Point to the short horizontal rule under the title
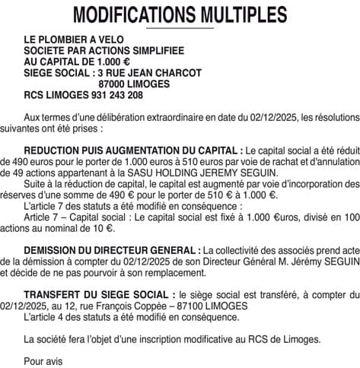[x=180, y=28]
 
